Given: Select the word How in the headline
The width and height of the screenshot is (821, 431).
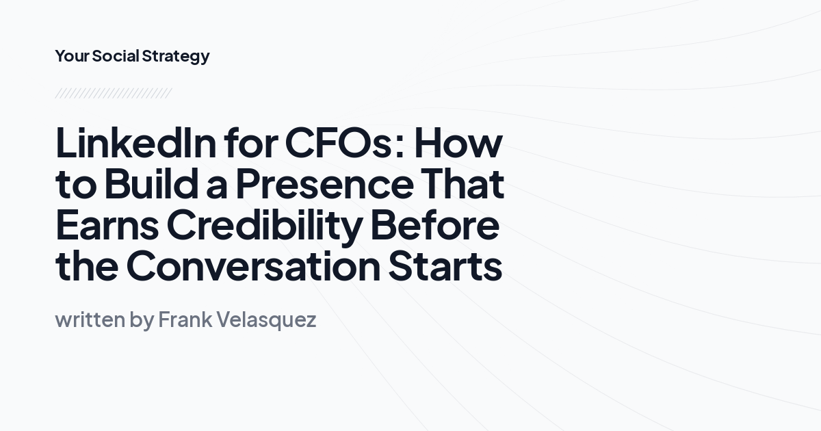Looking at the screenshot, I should pos(458,142).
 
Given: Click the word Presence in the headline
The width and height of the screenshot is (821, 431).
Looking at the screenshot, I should pos(324,184).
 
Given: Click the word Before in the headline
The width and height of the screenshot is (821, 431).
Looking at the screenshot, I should pos(435,225).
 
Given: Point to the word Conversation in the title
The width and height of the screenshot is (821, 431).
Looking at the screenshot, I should pos(252,266).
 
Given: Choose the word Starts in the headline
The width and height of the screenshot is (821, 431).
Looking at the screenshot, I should pos(445,266).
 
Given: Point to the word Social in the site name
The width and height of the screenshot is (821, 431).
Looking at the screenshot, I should pos(116,56).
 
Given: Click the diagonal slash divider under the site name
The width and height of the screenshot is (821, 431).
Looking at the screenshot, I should pos(113,93).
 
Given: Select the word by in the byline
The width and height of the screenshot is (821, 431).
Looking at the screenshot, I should pos(142,320).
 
